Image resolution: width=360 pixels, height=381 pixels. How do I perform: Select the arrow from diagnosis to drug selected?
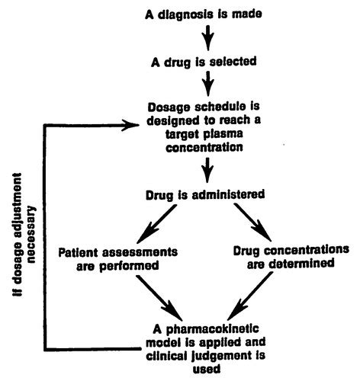click(x=208, y=37)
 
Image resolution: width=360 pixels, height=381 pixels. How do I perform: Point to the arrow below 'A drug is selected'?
click(x=208, y=83)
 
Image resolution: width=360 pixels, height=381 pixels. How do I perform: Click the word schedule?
click(x=220, y=107)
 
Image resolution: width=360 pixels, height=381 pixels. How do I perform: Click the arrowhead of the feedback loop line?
click(x=130, y=125)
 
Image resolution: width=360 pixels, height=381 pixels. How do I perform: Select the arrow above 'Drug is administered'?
click(x=207, y=170)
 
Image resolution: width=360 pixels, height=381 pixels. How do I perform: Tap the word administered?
click(x=228, y=195)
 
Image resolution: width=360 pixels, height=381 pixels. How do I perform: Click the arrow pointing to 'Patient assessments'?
click(x=156, y=224)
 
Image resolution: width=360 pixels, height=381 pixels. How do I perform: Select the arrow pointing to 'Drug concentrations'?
click(x=253, y=223)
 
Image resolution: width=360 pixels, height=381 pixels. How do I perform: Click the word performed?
click(x=129, y=266)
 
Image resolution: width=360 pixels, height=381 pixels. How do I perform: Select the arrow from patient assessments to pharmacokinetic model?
click(x=159, y=298)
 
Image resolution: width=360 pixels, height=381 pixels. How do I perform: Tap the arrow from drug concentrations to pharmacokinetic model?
click(x=250, y=296)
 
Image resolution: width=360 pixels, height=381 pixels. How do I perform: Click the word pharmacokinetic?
click(x=212, y=329)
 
